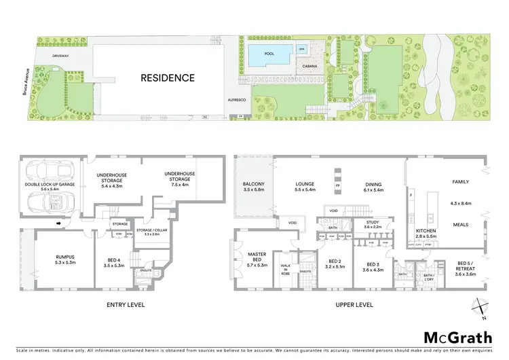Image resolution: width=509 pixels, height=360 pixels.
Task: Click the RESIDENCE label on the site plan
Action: (168, 78)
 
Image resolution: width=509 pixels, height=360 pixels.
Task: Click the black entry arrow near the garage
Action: (60, 223)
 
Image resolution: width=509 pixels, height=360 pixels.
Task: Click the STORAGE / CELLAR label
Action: (151, 230)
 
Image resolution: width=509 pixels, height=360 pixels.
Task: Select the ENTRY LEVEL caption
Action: (126, 305)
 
